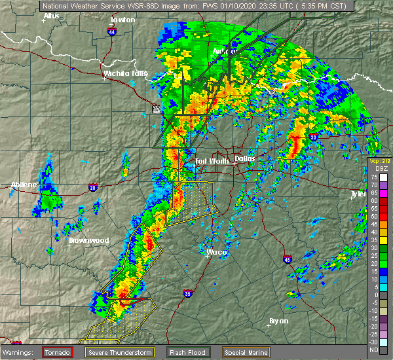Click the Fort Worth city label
(x=211, y=161)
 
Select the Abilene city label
(x=24, y=185)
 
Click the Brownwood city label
(x=89, y=240)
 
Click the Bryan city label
(x=279, y=321)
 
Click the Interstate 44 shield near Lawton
(x=113, y=31)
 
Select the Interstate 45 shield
(x=288, y=260)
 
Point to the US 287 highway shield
(x=155, y=109)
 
